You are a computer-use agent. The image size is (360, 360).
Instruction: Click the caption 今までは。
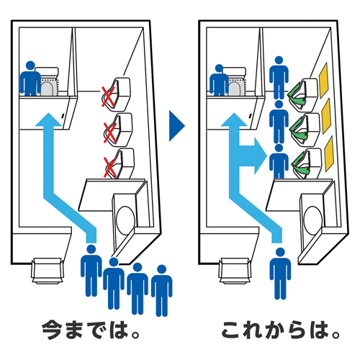[x=91, y=330]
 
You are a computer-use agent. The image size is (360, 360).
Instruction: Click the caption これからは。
[x=281, y=330]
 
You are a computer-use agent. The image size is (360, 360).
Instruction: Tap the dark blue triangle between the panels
[x=176, y=126]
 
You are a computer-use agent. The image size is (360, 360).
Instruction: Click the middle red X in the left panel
[x=110, y=132]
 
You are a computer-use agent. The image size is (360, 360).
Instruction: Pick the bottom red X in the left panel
[x=110, y=168]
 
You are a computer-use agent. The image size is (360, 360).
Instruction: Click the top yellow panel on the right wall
[x=323, y=80]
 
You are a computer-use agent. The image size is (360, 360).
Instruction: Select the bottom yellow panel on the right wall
[x=329, y=153]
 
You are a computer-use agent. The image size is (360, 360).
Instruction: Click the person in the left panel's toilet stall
[x=30, y=78]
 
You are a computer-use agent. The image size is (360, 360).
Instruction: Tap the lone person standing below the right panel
[x=280, y=274]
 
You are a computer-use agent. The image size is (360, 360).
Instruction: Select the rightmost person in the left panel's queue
[x=161, y=291]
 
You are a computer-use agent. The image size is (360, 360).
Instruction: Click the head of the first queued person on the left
[x=91, y=249]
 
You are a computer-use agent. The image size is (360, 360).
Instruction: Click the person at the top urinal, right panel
[x=279, y=78]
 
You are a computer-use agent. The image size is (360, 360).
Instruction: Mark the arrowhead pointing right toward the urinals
[x=261, y=156]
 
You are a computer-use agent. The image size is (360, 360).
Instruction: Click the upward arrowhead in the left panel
[x=49, y=120]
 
